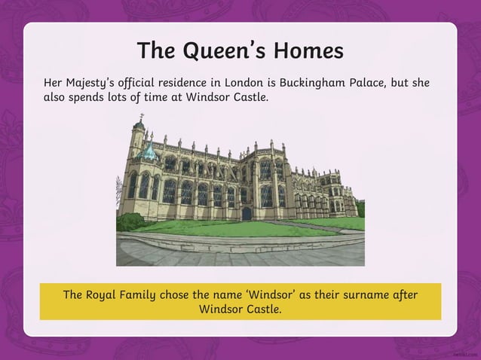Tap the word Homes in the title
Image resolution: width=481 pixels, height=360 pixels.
tap(309, 51)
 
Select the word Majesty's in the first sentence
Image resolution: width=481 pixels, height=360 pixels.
tap(98, 83)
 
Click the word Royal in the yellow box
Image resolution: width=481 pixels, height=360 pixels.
tap(107, 294)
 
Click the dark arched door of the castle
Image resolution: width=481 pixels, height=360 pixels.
tap(247, 213)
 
